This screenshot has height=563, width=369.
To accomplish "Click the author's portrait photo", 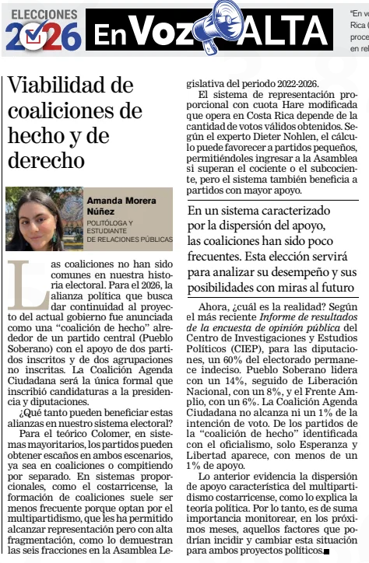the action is (44, 219).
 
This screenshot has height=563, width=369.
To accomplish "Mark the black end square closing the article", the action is (326, 551).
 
